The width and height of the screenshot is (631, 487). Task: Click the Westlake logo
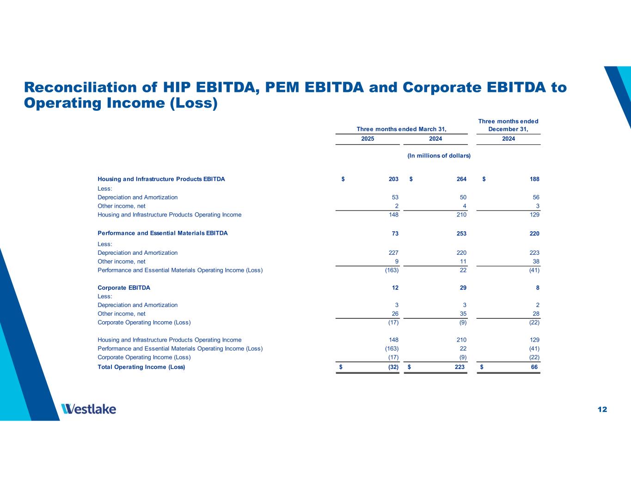click(88, 409)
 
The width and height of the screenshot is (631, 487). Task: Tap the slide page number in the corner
click(602, 409)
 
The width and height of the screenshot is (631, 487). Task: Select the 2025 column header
click(368, 139)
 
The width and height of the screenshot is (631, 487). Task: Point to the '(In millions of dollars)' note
click(439, 156)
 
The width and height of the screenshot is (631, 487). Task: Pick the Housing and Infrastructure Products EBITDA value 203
click(393, 179)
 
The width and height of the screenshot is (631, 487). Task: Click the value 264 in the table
click(461, 179)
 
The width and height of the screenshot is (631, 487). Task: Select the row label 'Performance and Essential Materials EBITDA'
click(163, 233)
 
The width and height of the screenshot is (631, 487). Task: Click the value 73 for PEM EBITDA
click(395, 234)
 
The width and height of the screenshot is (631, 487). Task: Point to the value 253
click(461, 234)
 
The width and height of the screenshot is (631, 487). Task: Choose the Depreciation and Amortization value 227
click(393, 253)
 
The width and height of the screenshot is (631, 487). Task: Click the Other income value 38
click(536, 261)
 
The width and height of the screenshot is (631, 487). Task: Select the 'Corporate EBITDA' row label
click(124, 288)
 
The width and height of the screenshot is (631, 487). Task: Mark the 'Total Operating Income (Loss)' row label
click(141, 367)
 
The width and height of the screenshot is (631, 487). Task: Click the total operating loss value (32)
click(393, 367)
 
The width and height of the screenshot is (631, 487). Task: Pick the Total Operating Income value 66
click(534, 367)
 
